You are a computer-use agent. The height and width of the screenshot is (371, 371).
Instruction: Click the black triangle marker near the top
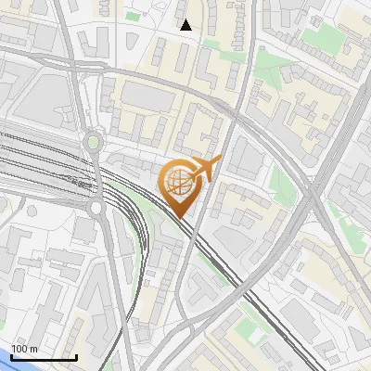(186, 25)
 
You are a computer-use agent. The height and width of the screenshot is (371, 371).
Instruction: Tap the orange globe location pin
(181, 185)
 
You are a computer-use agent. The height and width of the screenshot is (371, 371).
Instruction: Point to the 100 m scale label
(24, 349)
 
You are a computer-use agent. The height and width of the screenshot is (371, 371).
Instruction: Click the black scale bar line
(44, 357)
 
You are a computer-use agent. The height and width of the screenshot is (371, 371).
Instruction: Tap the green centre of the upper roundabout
(93, 143)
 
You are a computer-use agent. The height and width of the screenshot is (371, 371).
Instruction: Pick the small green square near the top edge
(133, 16)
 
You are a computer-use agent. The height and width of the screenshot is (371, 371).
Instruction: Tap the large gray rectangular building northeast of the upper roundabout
(144, 96)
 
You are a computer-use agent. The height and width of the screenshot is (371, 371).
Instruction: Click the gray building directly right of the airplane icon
(243, 158)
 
